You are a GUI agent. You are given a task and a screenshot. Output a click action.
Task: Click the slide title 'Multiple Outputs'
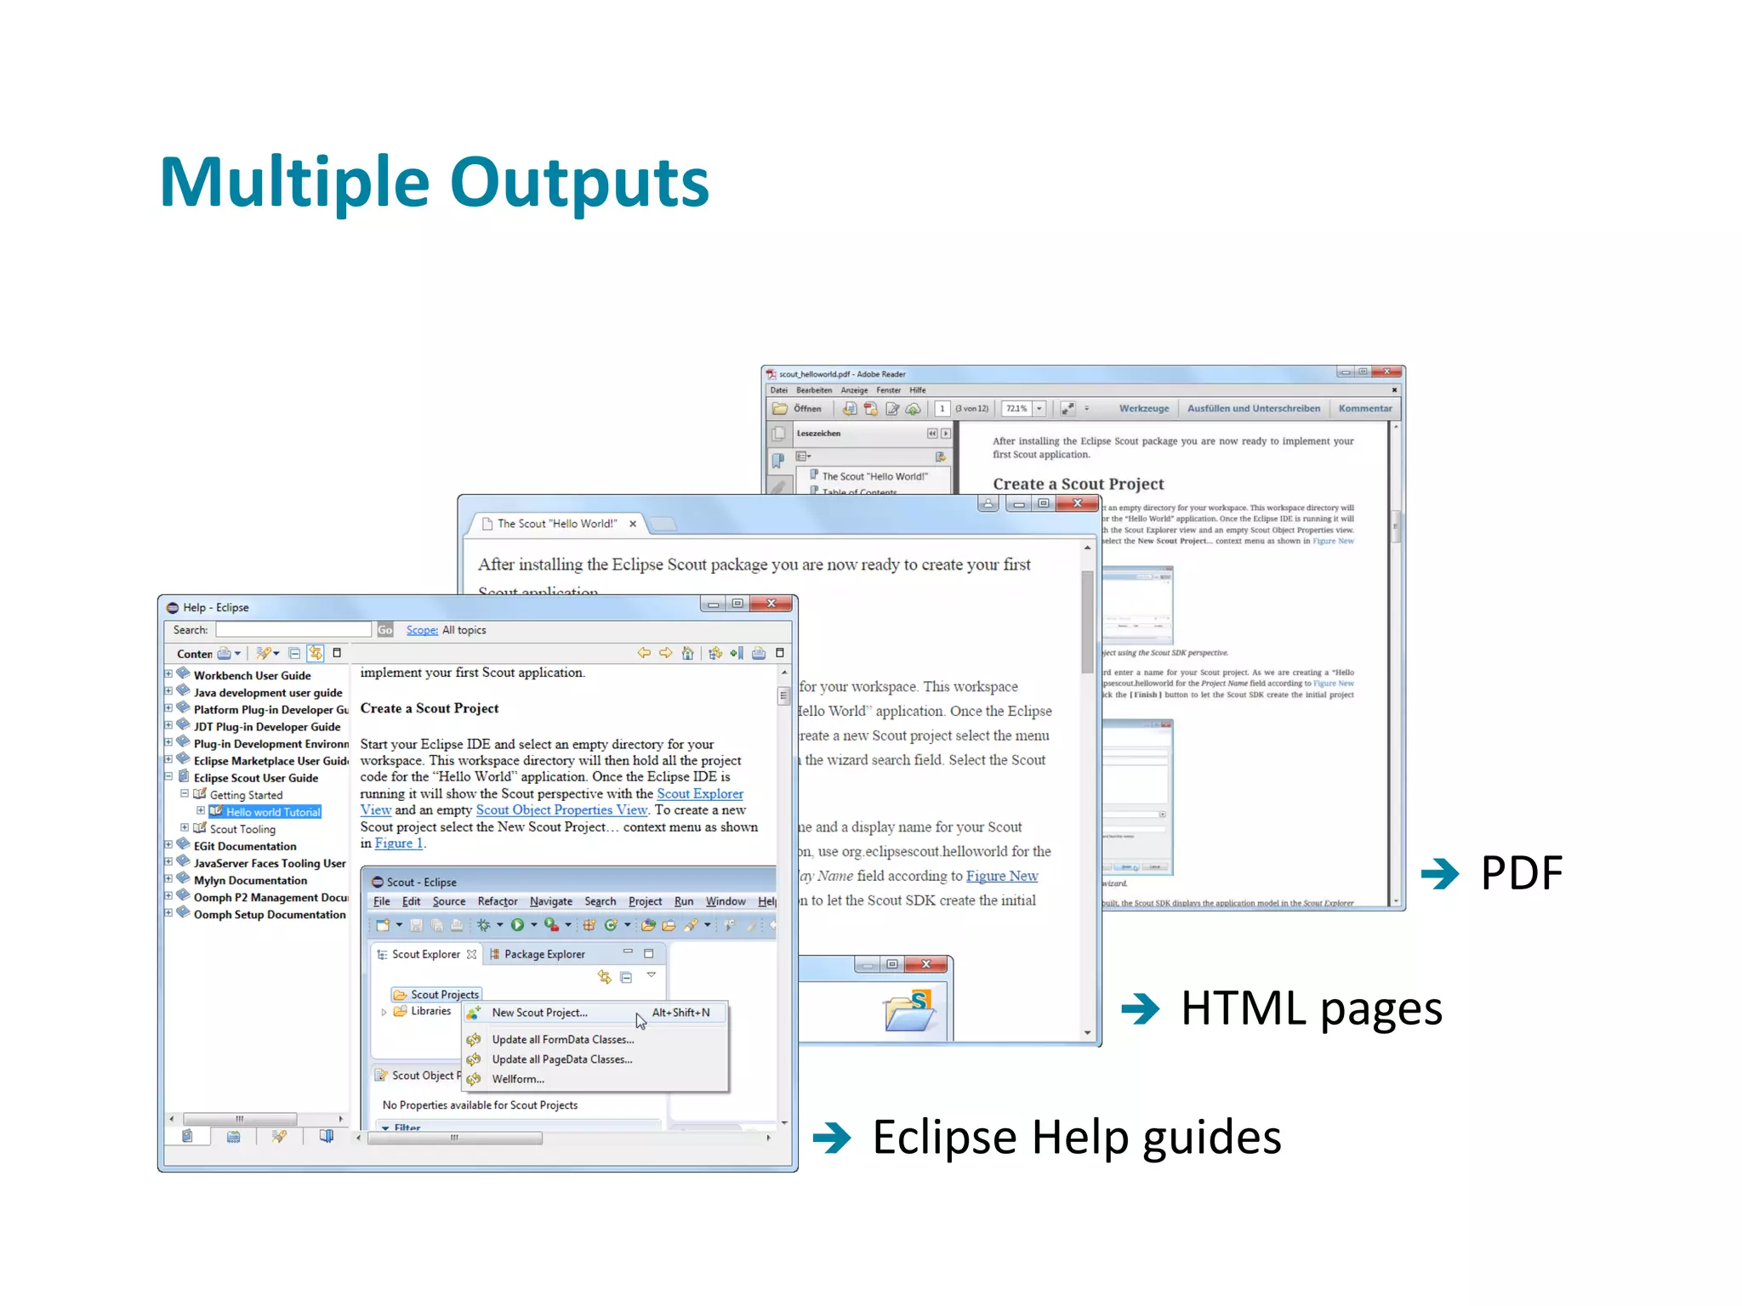[x=434, y=182]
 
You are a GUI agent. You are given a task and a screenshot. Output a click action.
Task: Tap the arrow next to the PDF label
[x=1439, y=873]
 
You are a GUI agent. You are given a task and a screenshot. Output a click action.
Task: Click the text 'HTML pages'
[x=1311, y=1009]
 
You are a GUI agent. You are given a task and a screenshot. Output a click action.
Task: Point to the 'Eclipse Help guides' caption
[x=1076, y=1138]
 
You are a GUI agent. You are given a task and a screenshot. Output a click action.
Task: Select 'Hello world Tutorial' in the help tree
[x=272, y=812]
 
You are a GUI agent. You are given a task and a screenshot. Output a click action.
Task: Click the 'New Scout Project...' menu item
[x=539, y=1013]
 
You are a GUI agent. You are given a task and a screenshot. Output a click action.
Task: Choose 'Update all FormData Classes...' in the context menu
[x=562, y=1040]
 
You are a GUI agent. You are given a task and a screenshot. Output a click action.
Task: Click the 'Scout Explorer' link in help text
[x=699, y=793]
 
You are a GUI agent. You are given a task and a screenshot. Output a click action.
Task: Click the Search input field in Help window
[x=293, y=630]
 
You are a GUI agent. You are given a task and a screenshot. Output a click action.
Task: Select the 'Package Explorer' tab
[x=544, y=954]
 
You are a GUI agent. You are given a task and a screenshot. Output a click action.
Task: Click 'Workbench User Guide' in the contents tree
[x=252, y=676]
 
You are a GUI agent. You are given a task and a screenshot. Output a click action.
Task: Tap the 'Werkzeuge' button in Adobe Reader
[x=1143, y=409]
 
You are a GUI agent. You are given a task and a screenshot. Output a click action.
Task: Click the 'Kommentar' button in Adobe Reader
[x=1364, y=409]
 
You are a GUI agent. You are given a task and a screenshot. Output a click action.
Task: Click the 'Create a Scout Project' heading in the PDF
[x=1078, y=484]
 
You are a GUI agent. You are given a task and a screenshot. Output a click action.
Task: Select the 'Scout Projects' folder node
[x=443, y=995]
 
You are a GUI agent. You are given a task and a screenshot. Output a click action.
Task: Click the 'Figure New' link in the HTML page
[x=1001, y=876]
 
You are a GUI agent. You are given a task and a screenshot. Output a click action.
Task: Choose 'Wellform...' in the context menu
[x=517, y=1079]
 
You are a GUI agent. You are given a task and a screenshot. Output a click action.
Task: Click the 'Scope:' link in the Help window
[x=421, y=630]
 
